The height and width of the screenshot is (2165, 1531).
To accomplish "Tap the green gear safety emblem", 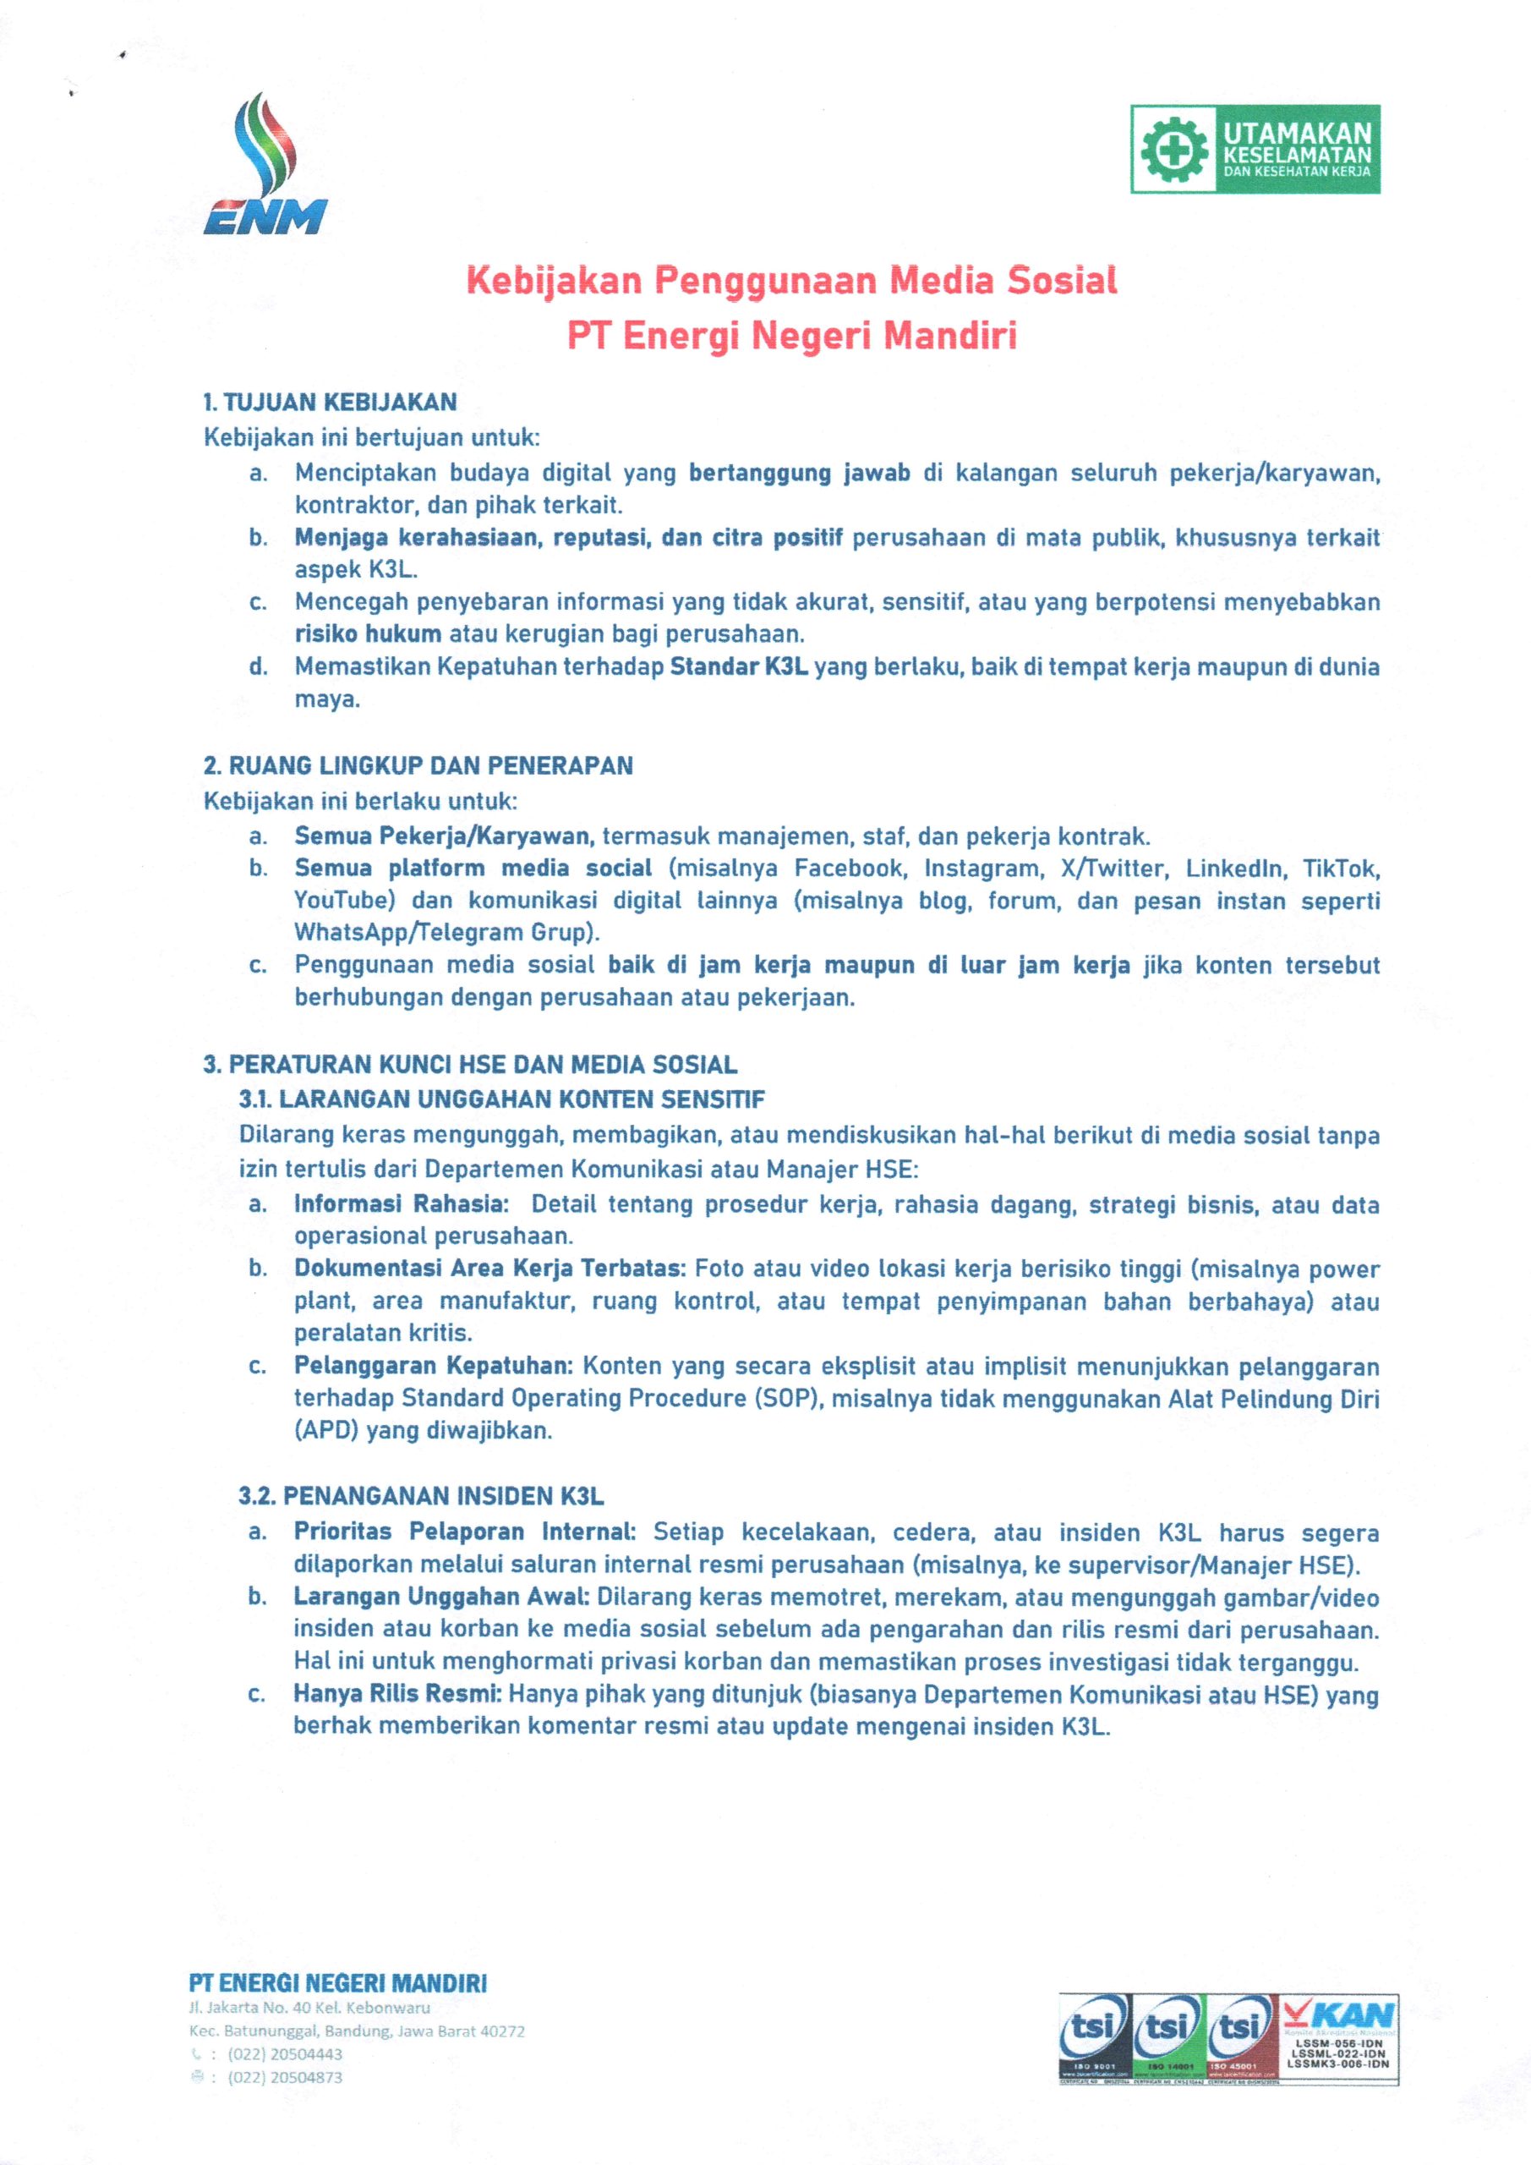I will pos(1173,150).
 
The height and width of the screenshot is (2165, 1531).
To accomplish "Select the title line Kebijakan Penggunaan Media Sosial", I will pos(792,281).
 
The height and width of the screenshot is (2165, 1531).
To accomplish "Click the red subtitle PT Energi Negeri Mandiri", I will pos(792,336).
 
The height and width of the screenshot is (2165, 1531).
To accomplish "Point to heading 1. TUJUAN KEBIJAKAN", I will pos(330,403).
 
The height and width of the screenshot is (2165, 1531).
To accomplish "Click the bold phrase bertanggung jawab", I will pos(800,474).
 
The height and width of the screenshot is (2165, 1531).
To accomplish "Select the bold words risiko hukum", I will pos(368,633).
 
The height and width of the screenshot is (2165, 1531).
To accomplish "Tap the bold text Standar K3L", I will pos(739,667).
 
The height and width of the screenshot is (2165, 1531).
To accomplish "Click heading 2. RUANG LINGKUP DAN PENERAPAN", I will pos(418,765).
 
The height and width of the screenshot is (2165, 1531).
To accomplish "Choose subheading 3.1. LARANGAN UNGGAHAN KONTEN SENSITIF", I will pos(501,1099).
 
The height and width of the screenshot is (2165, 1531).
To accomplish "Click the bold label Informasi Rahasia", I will pos(401,1204).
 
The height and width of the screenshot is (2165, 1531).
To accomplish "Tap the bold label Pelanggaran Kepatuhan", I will pos(433,1367).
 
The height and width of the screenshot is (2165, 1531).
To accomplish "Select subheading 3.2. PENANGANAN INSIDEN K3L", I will pos(420,1496).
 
